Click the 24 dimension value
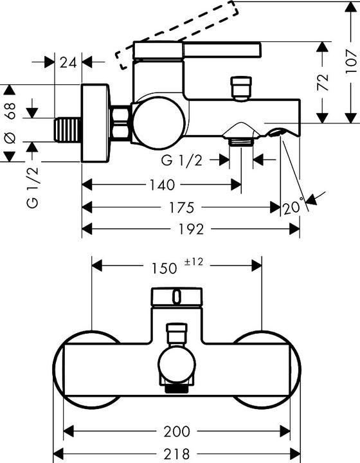68,62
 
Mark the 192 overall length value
190,229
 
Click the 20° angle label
292,208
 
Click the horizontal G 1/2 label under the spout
182,160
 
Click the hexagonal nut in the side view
120,123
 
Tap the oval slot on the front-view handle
177,296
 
